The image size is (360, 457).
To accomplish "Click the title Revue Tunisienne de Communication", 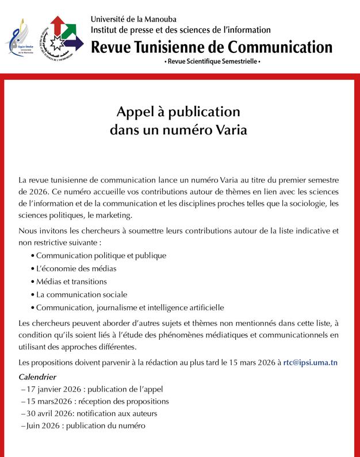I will point(212,46).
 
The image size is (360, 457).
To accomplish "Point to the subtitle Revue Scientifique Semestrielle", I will point(212,60).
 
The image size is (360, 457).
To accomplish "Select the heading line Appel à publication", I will point(178,111).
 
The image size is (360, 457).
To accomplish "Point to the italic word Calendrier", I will point(37,377).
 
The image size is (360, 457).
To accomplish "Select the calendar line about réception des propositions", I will point(95,401).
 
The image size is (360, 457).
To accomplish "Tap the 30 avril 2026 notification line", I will point(90,413).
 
